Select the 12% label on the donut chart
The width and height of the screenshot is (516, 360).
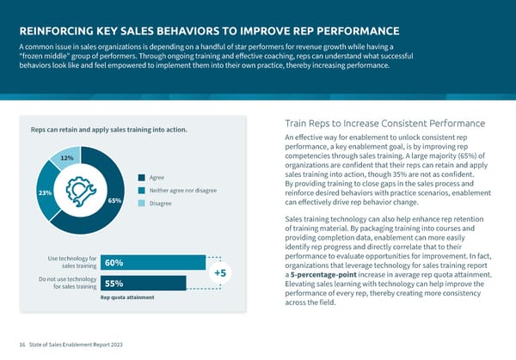tap(65, 158)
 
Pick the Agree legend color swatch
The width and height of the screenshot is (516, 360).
tap(141, 178)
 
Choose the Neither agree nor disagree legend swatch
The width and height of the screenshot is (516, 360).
tap(141, 190)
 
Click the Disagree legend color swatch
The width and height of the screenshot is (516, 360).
tap(141, 203)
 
